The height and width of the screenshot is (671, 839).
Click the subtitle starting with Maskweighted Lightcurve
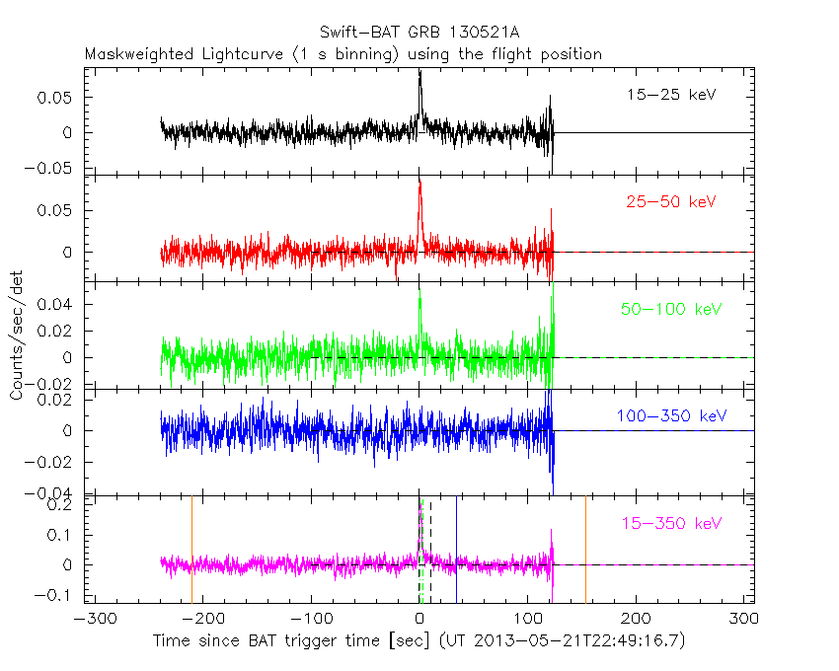pyautogui.click(x=343, y=54)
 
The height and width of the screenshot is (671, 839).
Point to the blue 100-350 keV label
pyautogui.click(x=672, y=416)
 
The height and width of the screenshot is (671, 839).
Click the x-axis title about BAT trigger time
pyautogui.click(x=419, y=641)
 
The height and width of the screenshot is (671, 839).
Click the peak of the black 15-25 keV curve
pyautogui.click(x=419, y=72)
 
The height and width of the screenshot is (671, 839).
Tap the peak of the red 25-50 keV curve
pyautogui.click(x=419, y=182)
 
